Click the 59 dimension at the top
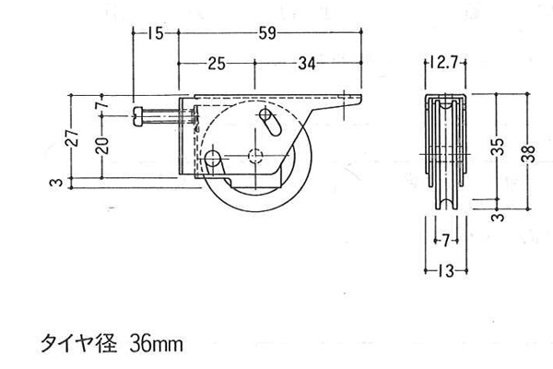tap(267, 33)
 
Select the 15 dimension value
tap(155, 33)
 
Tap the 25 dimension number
tap(217, 64)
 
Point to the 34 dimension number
tap(307, 64)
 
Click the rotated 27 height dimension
tap(72, 137)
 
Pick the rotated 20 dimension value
tap(102, 146)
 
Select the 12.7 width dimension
tap(444, 63)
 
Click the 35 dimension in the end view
tap(498, 147)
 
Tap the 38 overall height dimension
tap(528, 153)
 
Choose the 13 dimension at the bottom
tap(446, 271)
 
